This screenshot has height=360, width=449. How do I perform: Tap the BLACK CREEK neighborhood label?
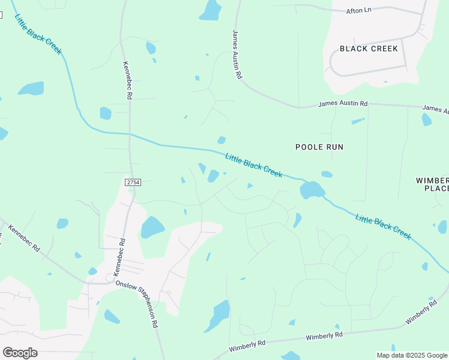[x=369, y=49]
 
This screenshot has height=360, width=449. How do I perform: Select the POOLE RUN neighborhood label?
[x=319, y=147]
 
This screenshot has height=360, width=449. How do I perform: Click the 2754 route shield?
[x=133, y=182]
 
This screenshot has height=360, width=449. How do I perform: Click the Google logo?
[x=20, y=353]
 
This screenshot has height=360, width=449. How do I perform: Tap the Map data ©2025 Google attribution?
[x=411, y=355]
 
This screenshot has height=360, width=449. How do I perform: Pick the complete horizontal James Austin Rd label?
[x=343, y=104]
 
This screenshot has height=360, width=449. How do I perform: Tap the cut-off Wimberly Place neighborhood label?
[x=432, y=184]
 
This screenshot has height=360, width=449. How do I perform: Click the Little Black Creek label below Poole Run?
[x=254, y=165]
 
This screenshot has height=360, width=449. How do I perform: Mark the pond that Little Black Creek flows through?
[x=312, y=190]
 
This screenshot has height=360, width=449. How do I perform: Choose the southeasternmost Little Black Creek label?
[x=384, y=227]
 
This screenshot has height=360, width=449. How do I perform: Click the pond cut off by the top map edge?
[x=211, y=10]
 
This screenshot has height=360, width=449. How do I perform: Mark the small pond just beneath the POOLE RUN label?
[x=327, y=175]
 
